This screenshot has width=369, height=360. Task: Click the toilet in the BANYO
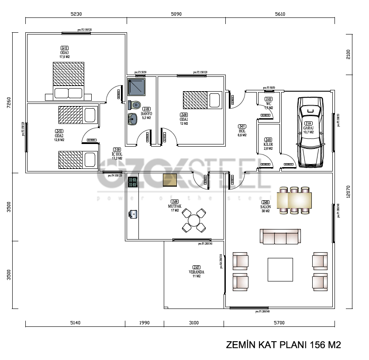(135, 105)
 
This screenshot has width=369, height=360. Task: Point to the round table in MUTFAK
(193, 220)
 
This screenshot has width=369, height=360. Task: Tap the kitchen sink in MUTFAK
(133, 214)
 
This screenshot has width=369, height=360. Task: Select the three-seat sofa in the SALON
(280, 237)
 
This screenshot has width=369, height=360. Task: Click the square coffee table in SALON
(280, 271)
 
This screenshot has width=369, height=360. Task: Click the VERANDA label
(197, 272)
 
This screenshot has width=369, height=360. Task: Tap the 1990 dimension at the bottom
(145, 323)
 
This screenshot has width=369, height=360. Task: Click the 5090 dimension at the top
(176, 14)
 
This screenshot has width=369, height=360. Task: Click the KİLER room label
(268, 144)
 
